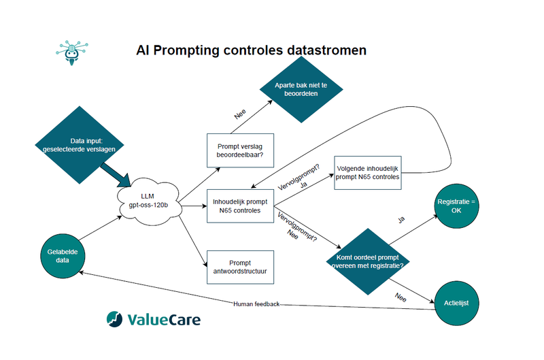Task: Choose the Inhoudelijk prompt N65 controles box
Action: pos(240,206)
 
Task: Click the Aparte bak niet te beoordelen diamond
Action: pos(301,90)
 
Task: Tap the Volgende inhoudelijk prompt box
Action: pos(367,172)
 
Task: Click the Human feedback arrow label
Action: pos(256,304)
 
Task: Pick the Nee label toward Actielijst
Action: pos(401,297)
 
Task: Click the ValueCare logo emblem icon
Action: pos(115,319)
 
